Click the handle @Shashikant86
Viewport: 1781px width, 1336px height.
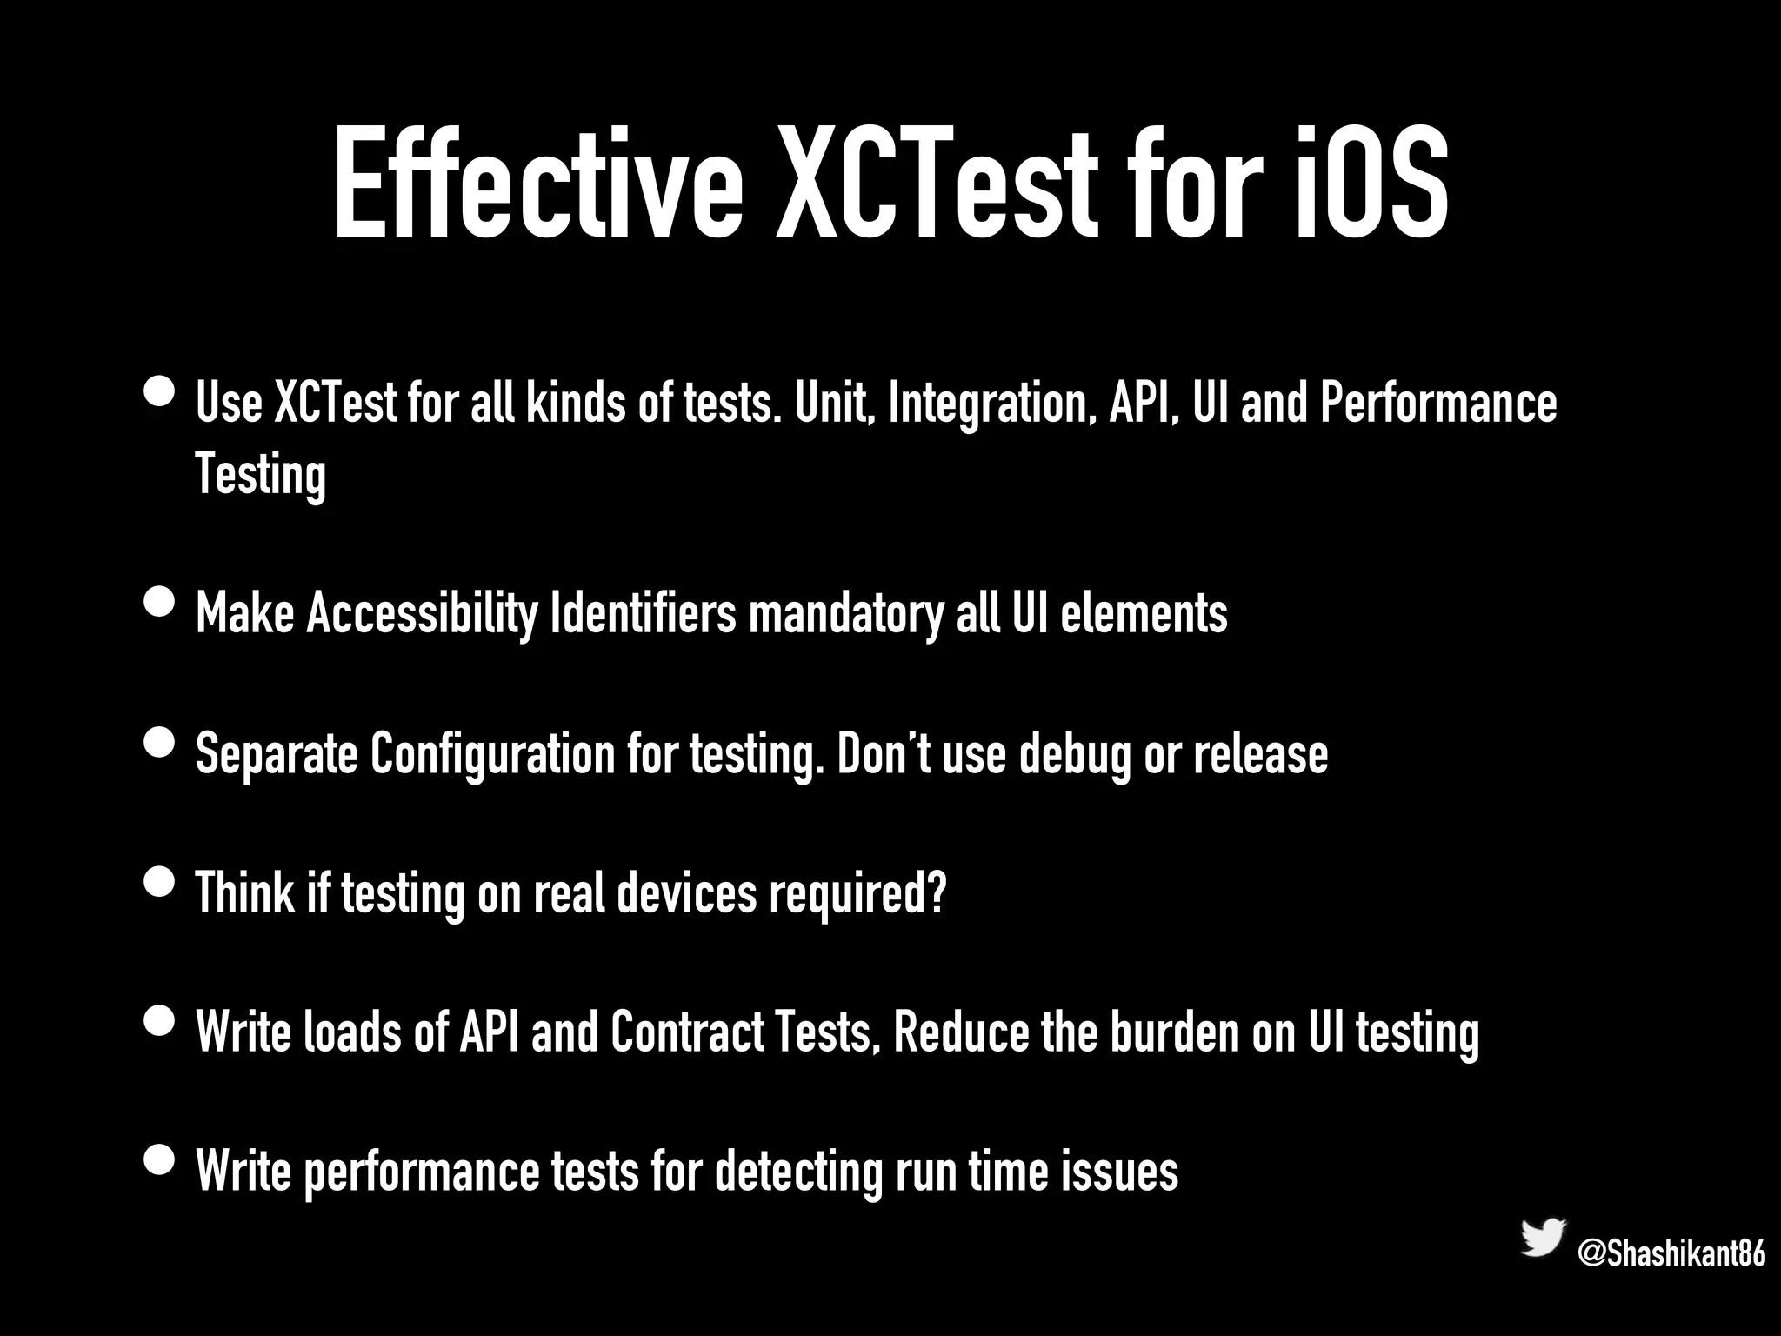tap(1671, 1254)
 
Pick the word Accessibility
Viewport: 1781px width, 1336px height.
tap(423, 613)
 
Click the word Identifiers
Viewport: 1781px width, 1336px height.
tap(644, 613)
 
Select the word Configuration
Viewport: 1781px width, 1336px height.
tap(492, 753)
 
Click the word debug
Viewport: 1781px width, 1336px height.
tap(1074, 753)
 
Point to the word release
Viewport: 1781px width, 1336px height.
tap(1260, 753)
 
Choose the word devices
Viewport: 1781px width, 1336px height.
tap(687, 892)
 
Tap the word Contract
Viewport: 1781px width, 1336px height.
tap(687, 1032)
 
